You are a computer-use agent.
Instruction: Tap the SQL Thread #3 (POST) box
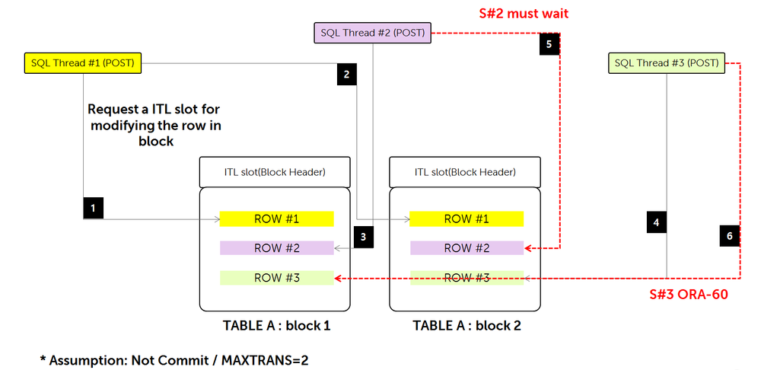point(667,63)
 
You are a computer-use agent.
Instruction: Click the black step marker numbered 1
point(93,207)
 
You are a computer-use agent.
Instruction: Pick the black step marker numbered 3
point(363,236)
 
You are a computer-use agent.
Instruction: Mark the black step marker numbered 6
point(729,236)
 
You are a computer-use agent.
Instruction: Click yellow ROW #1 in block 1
point(277,219)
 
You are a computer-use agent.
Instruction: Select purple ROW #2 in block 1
point(277,248)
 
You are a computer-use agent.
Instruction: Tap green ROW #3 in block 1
point(277,278)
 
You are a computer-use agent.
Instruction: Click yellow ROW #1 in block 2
point(466,219)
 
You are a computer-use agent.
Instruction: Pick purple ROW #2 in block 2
point(466,248)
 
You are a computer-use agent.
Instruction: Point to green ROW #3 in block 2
point(466,278)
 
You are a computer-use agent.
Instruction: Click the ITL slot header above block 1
point(275,172)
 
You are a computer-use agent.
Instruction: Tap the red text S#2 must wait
point(523,13)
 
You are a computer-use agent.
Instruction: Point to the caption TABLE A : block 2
point(466,326)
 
